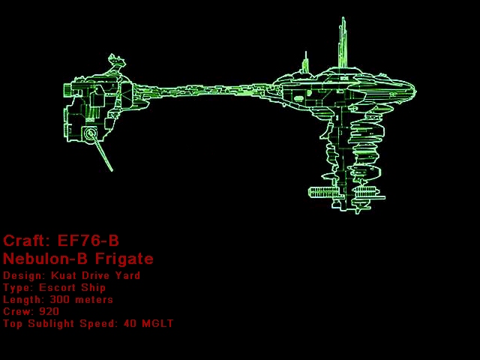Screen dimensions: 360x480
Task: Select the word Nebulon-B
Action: [x=44, y=259]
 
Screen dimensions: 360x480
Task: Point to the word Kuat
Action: [x=64, y=275]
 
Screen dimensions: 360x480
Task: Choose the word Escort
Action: [x=61, y=287]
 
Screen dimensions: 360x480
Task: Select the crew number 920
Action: [x=49, y=311]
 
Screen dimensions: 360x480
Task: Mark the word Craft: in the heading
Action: [x=27, y=241]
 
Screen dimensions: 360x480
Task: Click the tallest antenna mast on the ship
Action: [x=343, y=41]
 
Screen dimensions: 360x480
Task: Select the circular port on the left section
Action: [x=91, y=135]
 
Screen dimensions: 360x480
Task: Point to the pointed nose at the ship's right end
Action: [x=412, y=91]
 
